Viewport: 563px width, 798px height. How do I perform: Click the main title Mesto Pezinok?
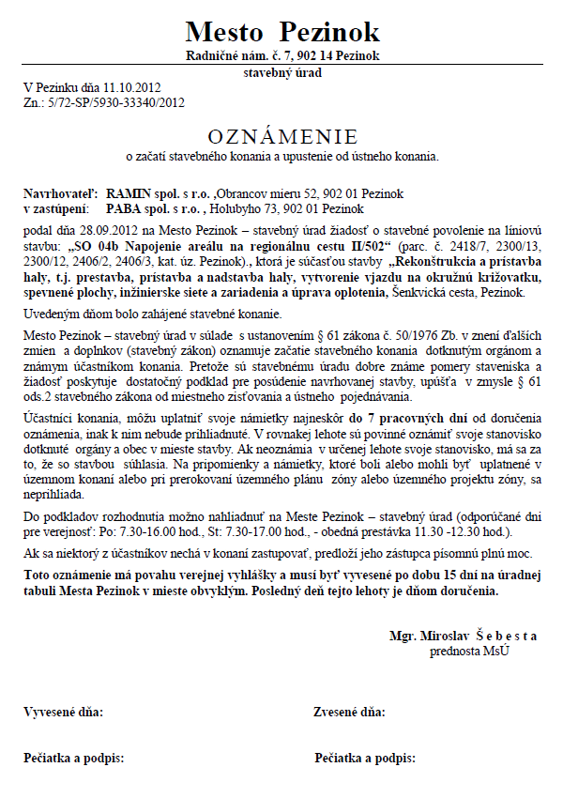point(281,31)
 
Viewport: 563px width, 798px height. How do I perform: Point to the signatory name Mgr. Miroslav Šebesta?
point(464,636)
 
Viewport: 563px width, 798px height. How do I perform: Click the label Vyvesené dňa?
point(64,713)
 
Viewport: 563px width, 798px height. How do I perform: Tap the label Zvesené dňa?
point(350,713)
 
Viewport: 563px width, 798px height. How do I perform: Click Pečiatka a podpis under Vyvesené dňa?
point(73,757)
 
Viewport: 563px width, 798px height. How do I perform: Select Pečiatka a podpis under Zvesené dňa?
point(365,757)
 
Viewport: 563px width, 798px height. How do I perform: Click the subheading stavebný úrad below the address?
point(281,71)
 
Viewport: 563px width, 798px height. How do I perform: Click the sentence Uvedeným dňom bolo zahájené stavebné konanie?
point(151,313)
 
